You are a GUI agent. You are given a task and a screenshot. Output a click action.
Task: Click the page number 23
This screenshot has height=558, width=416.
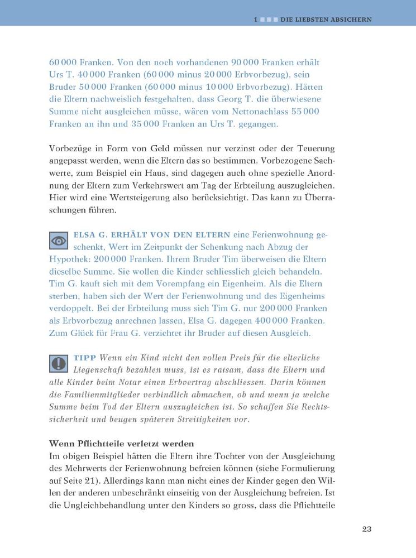tap(366, 529)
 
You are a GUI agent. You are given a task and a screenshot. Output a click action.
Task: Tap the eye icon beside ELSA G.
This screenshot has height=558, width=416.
tap(59, 240)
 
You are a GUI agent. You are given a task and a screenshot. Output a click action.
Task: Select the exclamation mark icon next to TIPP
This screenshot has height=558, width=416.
tap(59, 363)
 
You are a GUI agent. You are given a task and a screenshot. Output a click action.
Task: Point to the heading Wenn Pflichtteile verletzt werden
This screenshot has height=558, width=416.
tap(121, 444)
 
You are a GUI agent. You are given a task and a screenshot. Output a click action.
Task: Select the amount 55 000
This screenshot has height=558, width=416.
tap(305, 112)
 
